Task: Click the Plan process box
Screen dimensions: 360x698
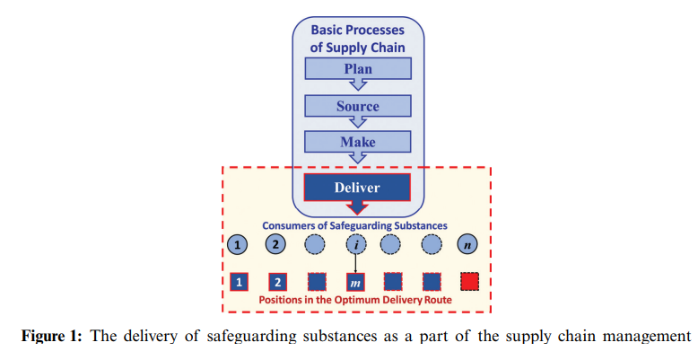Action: (357, 69)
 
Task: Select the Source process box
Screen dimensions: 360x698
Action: (357, 106)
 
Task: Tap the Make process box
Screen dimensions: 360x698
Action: (357, 142)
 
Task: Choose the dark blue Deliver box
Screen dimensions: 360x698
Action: (357, 188)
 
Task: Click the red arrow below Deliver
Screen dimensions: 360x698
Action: (357, 208)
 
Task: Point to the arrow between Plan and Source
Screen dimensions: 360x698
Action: (357, 86)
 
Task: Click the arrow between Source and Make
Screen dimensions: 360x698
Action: (357, 123)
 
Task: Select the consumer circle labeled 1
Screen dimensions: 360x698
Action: (238, 244)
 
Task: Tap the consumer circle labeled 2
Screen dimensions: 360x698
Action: (278, 244)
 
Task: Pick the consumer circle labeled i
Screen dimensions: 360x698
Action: (355, 244)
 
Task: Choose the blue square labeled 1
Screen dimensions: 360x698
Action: (239, 282)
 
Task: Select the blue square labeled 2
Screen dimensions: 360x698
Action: (278, 282)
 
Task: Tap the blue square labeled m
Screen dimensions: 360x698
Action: (355, 282)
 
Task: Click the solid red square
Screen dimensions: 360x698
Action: (470, 282)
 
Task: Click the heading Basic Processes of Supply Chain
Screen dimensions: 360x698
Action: (357, 38)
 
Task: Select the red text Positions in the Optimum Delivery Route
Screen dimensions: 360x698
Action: (355, 300)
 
